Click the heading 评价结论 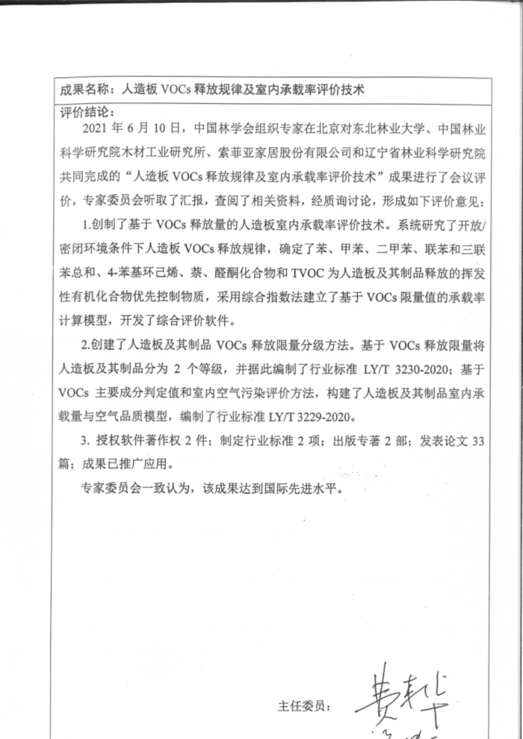click(84, 112)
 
